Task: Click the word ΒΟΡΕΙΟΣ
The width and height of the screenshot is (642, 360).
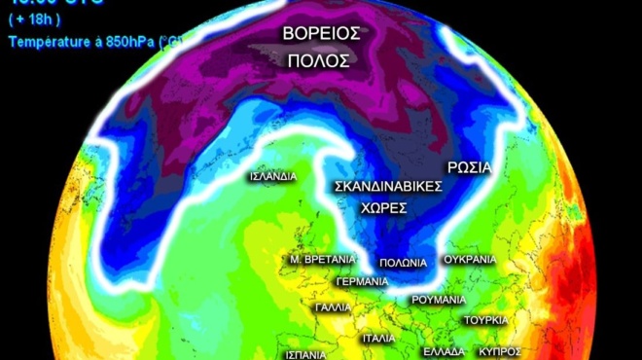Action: point(322,33)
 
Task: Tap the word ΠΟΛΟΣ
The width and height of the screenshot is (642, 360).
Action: point(318,60)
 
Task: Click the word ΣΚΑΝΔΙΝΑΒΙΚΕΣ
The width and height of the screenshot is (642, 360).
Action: point(388,185)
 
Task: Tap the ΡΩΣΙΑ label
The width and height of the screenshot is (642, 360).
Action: point(470,165)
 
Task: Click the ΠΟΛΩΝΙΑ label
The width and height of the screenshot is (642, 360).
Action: point(404,262)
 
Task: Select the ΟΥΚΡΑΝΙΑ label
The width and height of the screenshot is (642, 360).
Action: point(469,260)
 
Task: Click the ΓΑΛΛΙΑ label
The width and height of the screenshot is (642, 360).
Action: point(334,306)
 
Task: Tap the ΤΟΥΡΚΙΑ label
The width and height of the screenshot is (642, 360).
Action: point(485,319)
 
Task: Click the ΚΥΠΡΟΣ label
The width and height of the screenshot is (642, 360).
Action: point(501,351)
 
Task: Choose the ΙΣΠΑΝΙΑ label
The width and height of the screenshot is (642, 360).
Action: point(306,353)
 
